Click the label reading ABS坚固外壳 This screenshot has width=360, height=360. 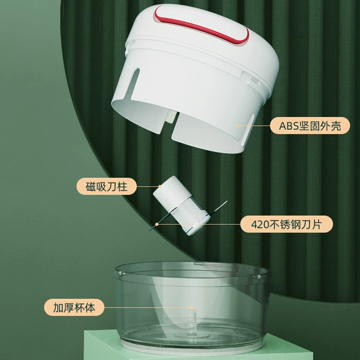[x=310, y=126]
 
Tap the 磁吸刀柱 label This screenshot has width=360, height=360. [x=106, y=187]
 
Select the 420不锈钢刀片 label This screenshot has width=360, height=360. [x=286, y=224]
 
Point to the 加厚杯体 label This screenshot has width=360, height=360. [x=74, y=307]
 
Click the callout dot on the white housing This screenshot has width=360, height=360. [x=237, y=125]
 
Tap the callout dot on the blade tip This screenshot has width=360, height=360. [x=157, y=224]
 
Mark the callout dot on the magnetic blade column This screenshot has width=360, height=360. [x=160, y=187]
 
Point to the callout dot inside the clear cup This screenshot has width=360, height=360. [x=191, y=307]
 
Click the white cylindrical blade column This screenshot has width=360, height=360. [x=181, y=205]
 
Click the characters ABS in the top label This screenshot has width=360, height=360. [x=289, y=126]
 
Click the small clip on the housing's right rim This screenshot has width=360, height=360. [x=254, y=81]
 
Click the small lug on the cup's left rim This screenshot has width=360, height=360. [x=122, y=273]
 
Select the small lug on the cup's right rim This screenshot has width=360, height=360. [x=257, y=277]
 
